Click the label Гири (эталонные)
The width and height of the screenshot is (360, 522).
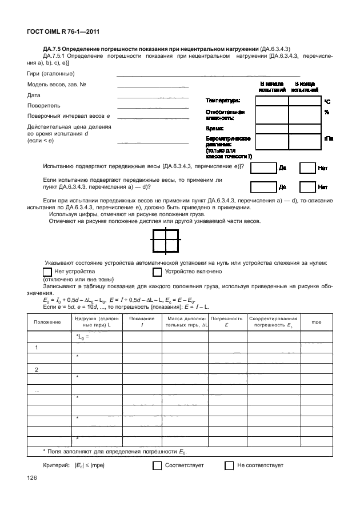(x=50, y=74)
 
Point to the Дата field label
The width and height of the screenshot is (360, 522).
(x=34, y=95)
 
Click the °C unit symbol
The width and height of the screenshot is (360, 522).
(x=327, y=101)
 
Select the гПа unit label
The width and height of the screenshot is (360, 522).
(x=329, y=138)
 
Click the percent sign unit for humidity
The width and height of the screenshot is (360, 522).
(x=327, y=112)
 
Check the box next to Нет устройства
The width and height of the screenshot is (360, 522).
(x=48, y=272)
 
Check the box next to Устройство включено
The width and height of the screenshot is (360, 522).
(x=158, y=272)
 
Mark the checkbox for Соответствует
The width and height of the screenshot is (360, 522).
(x=157, y=465)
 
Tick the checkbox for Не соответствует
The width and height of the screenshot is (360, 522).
(x=229, y=465)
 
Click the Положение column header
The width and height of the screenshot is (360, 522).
(x=47, y=322)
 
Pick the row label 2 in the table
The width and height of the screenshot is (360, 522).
(x=37, y=369)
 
